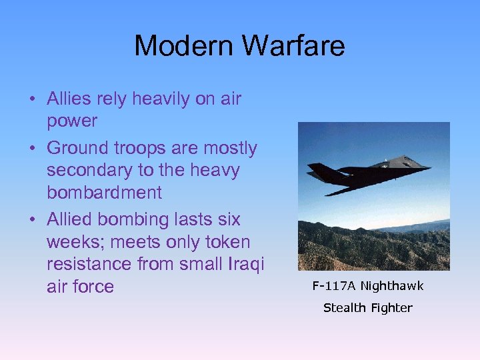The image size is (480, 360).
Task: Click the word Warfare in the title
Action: click(294, 46)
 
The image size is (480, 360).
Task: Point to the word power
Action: click(72, 122)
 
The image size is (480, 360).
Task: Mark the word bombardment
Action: click(104, 193)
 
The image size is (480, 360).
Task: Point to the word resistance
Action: click(89, 264)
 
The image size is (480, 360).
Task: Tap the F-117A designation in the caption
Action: click(334, 286)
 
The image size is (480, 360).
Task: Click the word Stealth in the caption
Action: click(344, 308)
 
